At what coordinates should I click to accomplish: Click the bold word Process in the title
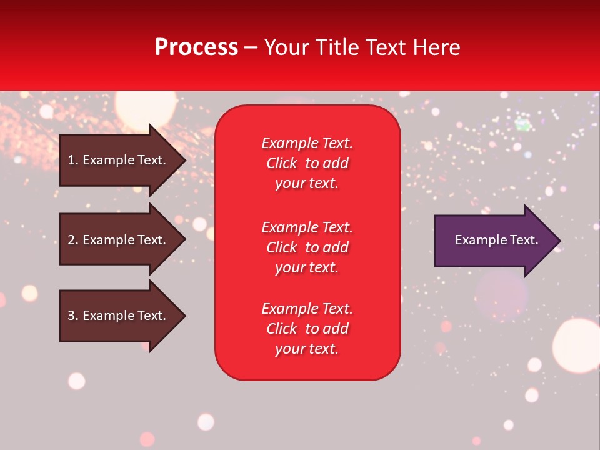(x=196, y=47)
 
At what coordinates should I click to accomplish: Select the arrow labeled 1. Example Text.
(x=119, y=160)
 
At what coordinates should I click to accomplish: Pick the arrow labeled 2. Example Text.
(x=119, y=240)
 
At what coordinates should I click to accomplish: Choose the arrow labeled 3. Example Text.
(x=119, y=316)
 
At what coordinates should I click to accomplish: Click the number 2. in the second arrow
(x=72, y=240)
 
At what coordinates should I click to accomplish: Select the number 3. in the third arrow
(x=72, y=316)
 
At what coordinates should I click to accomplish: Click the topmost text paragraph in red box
(x=307, y=163)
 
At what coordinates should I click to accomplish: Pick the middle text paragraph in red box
(x=307, y=247)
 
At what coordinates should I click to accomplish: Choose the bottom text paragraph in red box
(x=307, y=329)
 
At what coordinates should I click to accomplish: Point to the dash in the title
(x=251, y=48)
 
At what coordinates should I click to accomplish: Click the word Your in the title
(x=286, y=47)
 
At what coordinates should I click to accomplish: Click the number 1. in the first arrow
(x=72, y=160)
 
